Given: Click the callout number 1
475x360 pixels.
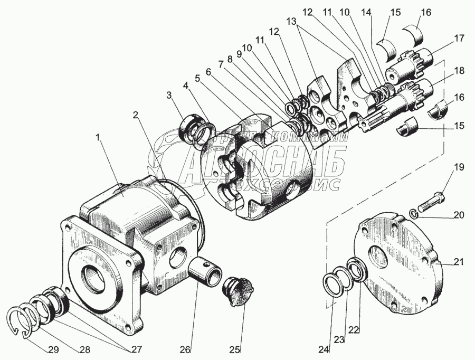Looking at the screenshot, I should (97, 138).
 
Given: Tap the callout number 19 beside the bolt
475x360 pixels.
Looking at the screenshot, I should (458, 168).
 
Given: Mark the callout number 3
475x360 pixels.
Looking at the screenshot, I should (168, 95).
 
